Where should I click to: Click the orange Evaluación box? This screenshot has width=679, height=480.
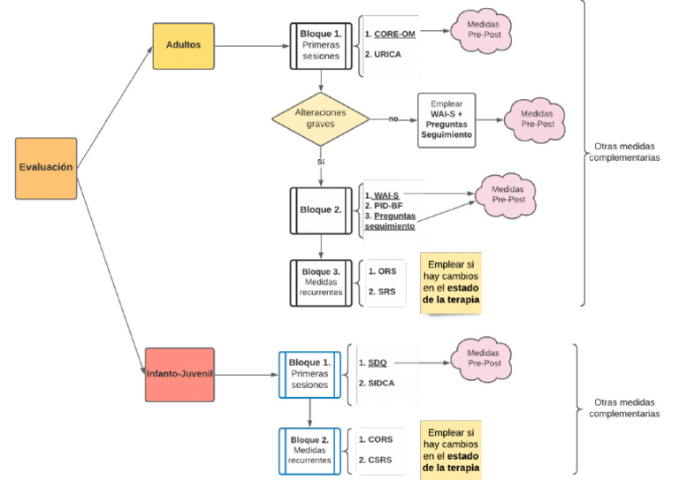pos(46,168)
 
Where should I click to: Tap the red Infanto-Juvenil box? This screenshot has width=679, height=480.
pos(179,373)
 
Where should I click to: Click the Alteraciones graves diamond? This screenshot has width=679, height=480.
pos(321,118)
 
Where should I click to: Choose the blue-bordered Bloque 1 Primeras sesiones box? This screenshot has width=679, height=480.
pos(309,375)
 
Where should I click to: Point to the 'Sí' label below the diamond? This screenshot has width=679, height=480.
pos(320,163)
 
